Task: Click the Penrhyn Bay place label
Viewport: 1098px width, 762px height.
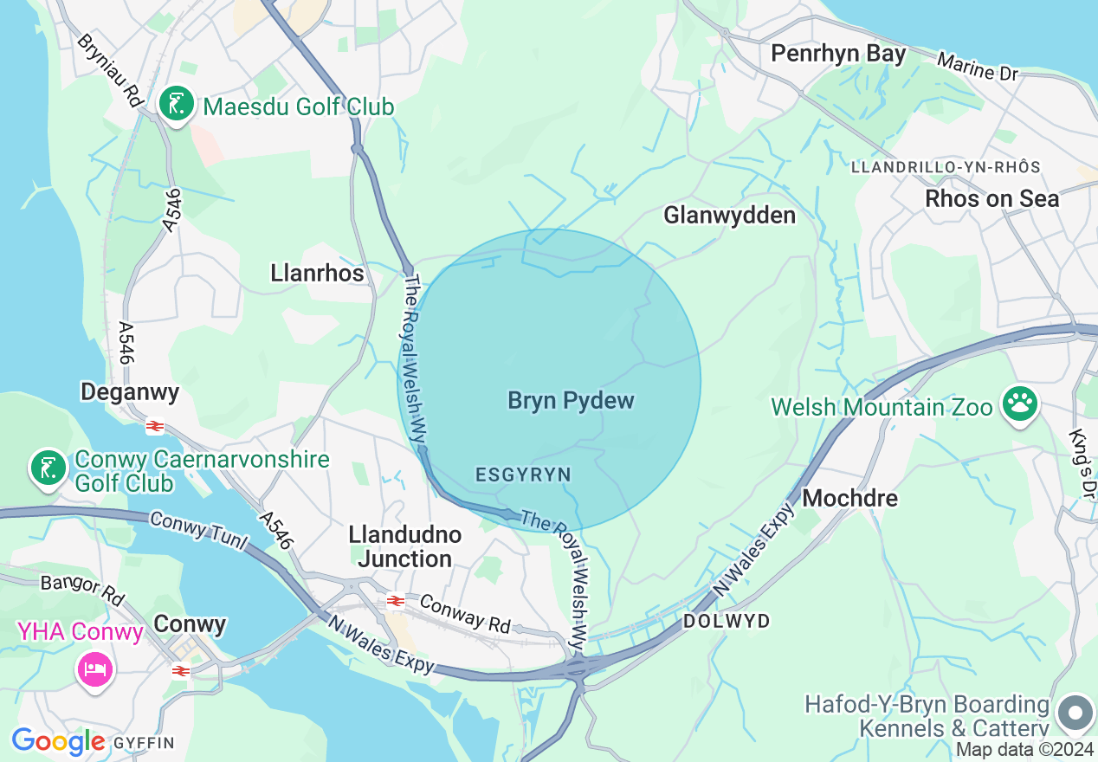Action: (x=837, y=54)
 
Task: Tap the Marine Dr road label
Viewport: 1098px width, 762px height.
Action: (x=978, y=67)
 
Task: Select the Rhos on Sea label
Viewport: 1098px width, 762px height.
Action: (x=991, y=198)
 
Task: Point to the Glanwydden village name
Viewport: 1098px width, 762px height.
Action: (x=729, y=215)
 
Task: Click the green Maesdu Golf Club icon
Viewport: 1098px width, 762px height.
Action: (x=177, y=105)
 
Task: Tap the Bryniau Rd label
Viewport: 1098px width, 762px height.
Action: (x=109, y=70)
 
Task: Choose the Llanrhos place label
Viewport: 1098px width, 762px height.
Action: (x=317, y=273)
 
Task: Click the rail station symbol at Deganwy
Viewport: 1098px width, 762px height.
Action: (x=155, y=426)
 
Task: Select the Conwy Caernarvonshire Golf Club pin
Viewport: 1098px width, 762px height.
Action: (x=48, y=468)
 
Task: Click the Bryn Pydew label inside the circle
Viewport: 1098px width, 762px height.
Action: (x=571, y=400)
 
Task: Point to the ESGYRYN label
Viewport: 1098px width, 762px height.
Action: (x=523, y=475)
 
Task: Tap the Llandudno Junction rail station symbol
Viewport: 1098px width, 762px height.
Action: (x=396, y=600)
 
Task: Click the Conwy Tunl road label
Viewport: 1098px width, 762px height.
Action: (x=199, y=531)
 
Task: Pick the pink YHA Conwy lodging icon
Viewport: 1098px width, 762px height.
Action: (x=94, y=668)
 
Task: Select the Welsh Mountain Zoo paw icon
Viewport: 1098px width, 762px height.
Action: (x=1020, y=404)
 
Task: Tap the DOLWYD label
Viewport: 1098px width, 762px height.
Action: (x=726, y=621)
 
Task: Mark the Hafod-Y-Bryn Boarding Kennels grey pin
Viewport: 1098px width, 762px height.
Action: (x=1075, y=714)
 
